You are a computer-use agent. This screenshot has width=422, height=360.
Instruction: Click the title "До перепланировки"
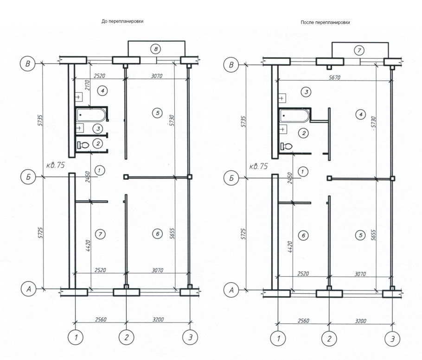[122, 21]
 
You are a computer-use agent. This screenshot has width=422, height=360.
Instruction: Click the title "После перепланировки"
[325, 23]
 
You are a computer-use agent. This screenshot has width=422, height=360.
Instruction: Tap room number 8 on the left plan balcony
[156, 49]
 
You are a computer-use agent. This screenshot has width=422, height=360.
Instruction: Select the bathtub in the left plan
[91, 115]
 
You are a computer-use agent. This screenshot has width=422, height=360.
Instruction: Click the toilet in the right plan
[286, 146]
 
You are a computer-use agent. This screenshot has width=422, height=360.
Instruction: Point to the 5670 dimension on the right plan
[334, 77]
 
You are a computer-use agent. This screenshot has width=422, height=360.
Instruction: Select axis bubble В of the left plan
[28, 64]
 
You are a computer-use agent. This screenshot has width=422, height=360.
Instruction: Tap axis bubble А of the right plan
[231, 291]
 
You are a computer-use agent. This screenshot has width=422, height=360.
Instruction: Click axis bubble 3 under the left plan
[190, 337]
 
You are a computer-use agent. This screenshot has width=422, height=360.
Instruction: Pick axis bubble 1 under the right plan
[278, 338]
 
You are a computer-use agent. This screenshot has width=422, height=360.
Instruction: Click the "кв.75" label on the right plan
[259, 166]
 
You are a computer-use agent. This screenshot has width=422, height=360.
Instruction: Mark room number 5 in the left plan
[158, 113]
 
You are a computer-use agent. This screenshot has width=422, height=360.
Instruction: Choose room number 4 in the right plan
[361, 114]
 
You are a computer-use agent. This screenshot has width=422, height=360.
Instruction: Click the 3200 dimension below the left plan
[158, 319]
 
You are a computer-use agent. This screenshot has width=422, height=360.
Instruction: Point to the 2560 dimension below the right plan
[303, 321]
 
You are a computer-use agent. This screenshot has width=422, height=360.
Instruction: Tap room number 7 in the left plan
[100, 234]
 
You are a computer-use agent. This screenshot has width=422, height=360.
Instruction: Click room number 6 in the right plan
[303, 235]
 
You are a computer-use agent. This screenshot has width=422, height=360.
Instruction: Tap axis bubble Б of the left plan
[28, 177]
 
